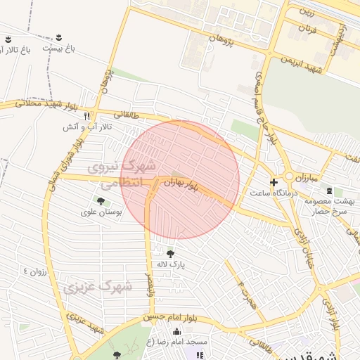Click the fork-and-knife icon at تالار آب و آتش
coord(86,115)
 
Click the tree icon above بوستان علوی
coord(101,201)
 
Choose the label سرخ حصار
coord(330,211)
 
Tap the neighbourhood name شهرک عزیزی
coord(96,288)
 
